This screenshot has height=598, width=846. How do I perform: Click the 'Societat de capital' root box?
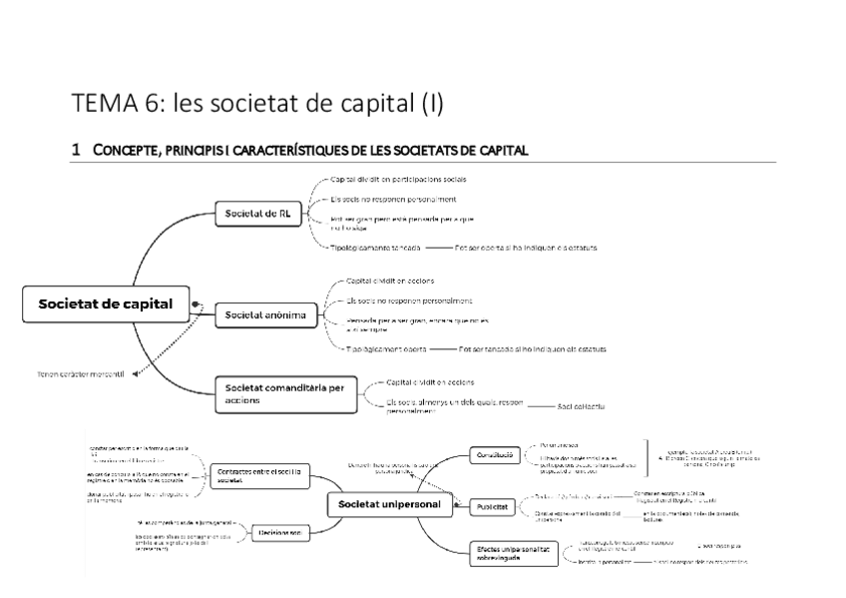(105, 304)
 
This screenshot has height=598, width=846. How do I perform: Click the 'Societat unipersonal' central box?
(389, 506)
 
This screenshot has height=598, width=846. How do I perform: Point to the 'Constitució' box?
(493, 455)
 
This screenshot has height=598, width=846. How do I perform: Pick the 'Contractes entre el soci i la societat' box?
(259, 474)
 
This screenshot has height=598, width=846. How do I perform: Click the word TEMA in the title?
(99, 104)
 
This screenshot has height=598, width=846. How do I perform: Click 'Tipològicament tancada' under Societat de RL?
(375, 246)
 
